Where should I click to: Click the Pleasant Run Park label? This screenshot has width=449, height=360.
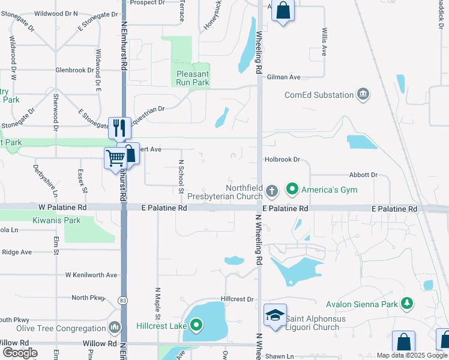(193, 79)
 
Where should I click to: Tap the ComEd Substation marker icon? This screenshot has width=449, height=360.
(363, 94)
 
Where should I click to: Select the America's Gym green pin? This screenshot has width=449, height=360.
(292, 190)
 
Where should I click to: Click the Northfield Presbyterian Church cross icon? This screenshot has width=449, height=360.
(271, 191)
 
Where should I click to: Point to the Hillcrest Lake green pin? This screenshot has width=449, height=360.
(196, 326)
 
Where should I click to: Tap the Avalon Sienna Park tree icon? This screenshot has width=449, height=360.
(408, 304)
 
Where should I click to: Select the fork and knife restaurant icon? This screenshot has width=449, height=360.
(119, 127)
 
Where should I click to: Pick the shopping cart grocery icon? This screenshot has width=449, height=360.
(115, 158)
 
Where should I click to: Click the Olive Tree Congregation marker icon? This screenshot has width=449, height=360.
(115, 328)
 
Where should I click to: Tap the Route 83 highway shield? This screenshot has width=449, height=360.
(122, 300)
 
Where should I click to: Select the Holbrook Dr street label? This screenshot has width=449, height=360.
(282, 160)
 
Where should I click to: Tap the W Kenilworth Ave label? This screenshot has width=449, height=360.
(91, 275)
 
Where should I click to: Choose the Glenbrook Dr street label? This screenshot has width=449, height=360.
(74, 70)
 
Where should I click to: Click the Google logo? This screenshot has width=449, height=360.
(19, 352)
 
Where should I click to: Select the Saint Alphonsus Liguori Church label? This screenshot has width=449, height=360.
(315, 323)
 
